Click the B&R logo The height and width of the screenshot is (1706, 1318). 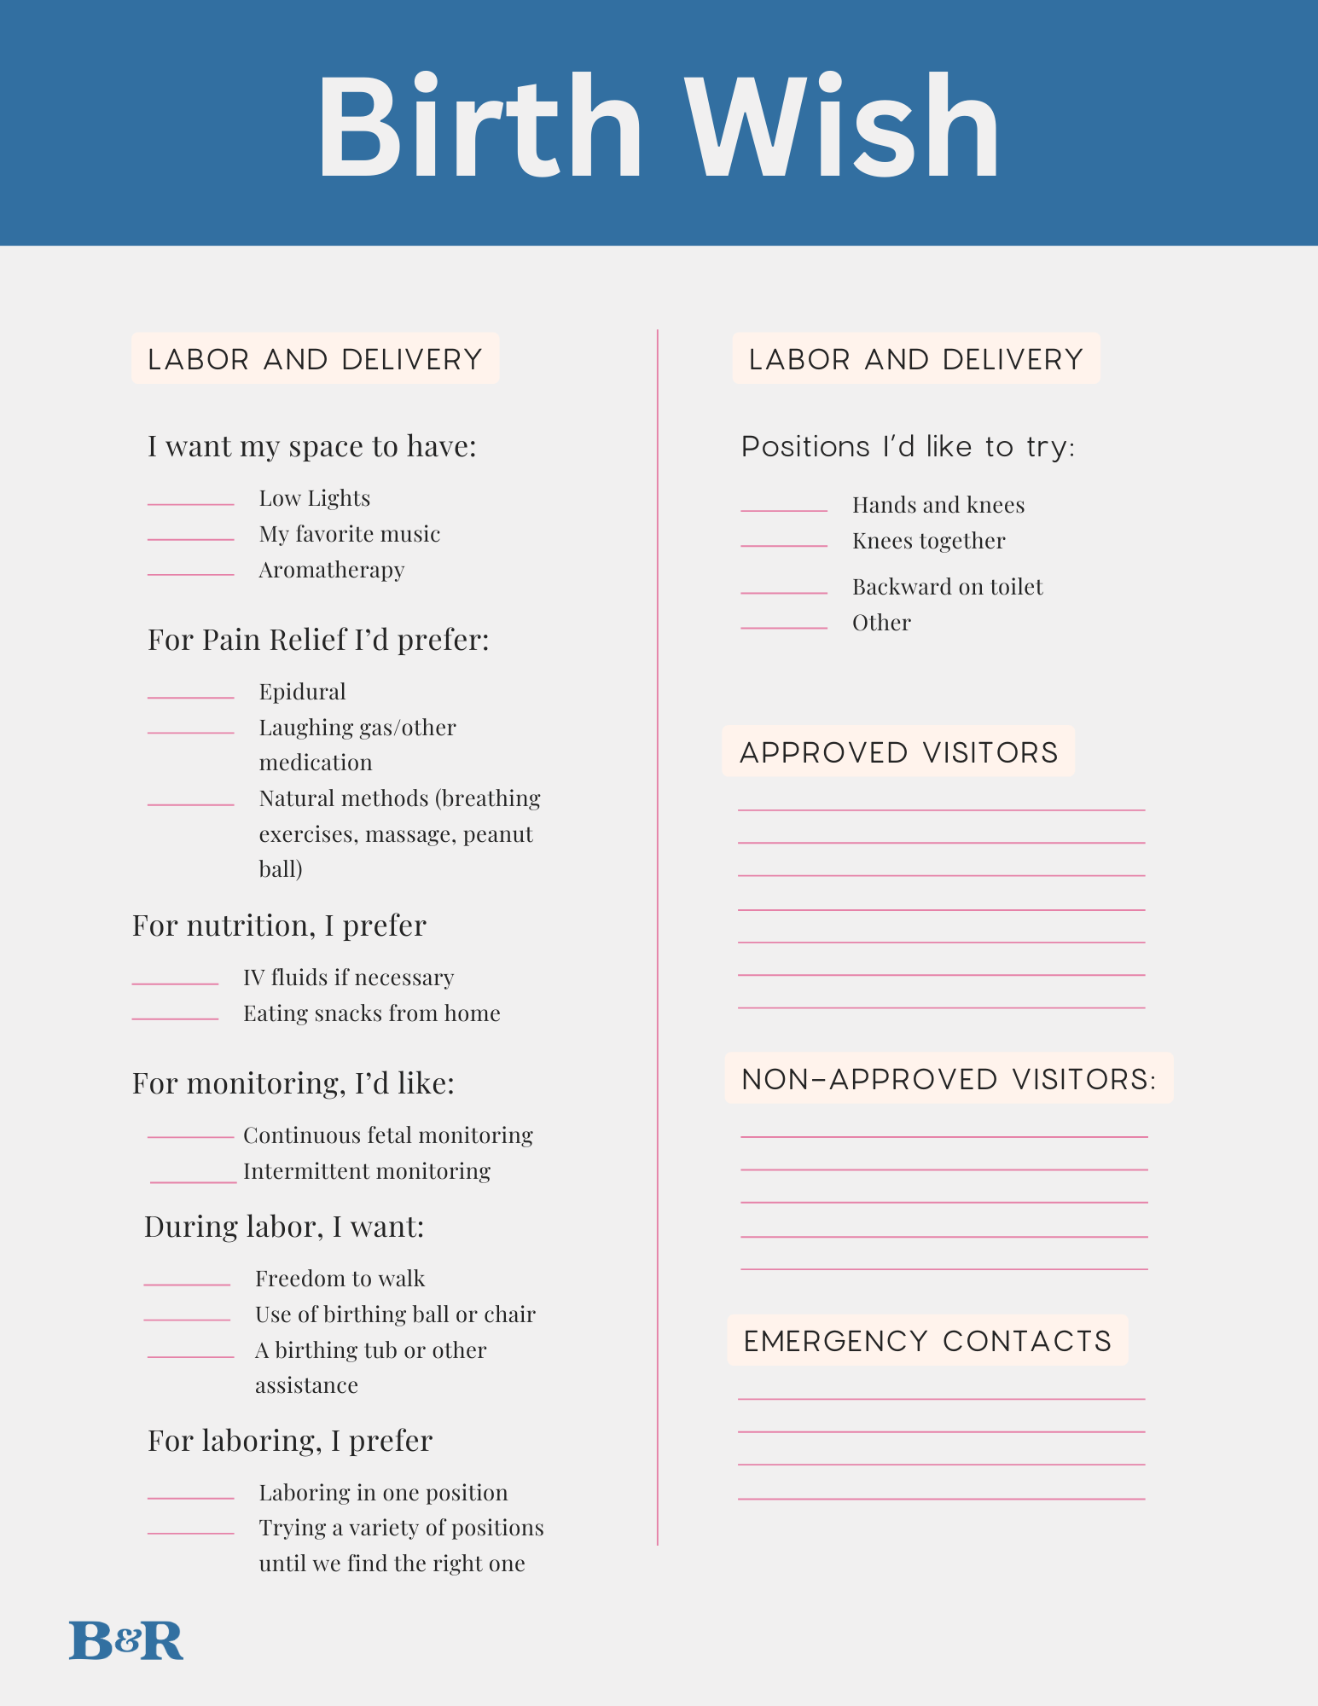(x=126, y=1640)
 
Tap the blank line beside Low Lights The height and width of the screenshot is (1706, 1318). (x=190, y=504)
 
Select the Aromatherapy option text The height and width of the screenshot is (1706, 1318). (x=332, y=570)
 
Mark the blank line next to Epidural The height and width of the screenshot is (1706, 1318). (x=190, y=698)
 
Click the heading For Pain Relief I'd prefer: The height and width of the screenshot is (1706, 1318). (x=318, y=640)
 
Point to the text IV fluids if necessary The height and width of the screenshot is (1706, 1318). (x=348, y=978)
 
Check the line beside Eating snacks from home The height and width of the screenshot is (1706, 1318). (x=175, y=1018)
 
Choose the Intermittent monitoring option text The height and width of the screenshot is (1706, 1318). (x=367, y=1171)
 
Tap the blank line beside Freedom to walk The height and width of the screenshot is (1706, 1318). (x=187, y=1285)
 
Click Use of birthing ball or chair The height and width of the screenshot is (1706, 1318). (x=395, y=1314)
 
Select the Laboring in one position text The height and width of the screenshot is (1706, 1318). (x=383, y=1493)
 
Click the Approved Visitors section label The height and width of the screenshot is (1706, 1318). (x=898, y=752)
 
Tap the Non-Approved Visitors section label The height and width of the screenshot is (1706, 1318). (x=949, y=1079)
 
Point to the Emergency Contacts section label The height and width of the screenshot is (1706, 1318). (x=927, y=1341)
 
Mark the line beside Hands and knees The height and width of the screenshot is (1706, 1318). (x=784, y=510)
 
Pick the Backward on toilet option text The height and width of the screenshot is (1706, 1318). (x=947, y=587)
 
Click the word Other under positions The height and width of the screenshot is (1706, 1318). (x=881, y=623)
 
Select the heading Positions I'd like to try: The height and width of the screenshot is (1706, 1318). (x=908, y=447)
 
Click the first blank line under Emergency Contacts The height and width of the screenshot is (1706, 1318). (x=941, y=1399)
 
